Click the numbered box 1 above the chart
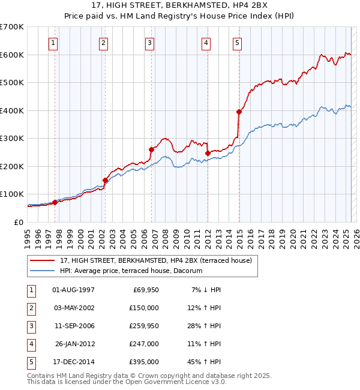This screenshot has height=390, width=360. click(x=54, y=43)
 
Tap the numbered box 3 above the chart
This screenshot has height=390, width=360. click(x=149, y=43)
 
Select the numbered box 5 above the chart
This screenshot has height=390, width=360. click(x=238, y=43)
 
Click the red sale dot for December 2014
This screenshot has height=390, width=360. click(x=239, y=112)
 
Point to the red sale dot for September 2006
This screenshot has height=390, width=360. click(x=152, y=149)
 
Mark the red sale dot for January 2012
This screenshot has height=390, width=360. click(x=208, y=153)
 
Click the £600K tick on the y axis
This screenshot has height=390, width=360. click(x=11, y=55)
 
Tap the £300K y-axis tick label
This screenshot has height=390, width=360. click(x=11, y=138)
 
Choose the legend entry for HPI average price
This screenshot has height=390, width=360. click(x=131, y=271)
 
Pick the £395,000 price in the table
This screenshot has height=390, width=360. click(x=145, y=362)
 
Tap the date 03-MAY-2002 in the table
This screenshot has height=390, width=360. click(x=73, y=308)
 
